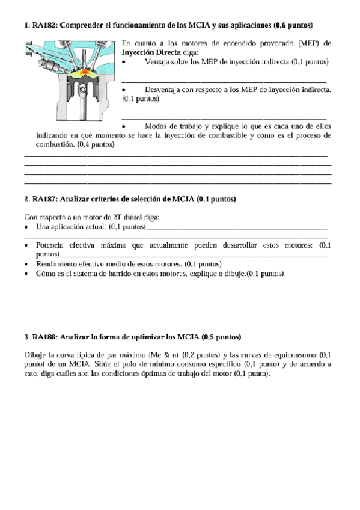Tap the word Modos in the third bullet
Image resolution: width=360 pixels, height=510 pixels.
pos(157,126)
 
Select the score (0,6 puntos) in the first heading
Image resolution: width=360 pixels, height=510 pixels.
pos(292,26)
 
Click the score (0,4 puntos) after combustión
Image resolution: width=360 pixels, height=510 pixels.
pos(96,144)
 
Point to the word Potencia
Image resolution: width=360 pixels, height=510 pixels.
pos(53,245)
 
